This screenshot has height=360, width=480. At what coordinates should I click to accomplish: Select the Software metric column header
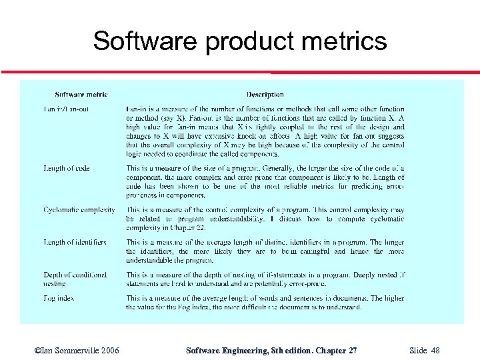pos(81,95)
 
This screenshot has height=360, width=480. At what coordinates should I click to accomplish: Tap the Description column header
pos(265,95)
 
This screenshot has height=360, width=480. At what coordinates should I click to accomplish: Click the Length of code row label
pos(67,169)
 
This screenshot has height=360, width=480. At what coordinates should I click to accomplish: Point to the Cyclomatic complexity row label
pos(79,210)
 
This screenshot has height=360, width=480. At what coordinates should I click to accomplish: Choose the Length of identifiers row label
pos(75,242)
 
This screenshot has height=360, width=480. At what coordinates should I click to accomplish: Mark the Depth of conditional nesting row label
pos(75,279)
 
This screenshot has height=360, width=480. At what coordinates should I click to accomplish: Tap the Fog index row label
pos(59,298)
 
